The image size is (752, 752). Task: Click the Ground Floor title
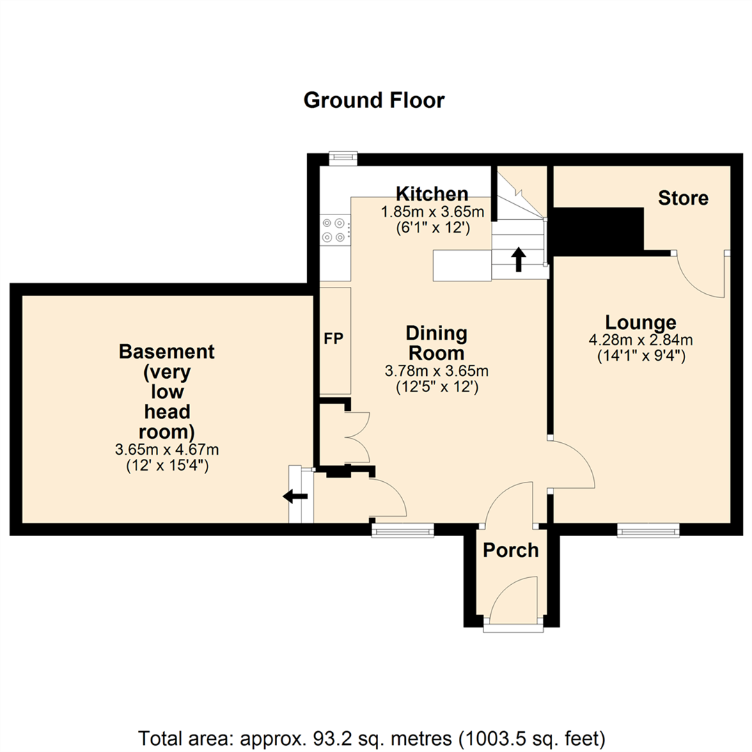[x=374, y=100]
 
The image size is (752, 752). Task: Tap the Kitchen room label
[x=432, y=193]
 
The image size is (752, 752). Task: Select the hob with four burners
[x=334, y=230]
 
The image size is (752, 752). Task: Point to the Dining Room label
[x=436, y=342]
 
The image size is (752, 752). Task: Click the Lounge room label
[x=640, y=322]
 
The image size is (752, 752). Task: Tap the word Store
[x=683, y=198]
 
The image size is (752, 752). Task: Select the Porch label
[x=510, y=550]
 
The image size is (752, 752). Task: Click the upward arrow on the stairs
[x=518, y=259]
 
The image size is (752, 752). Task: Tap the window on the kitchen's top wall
[x=342, y=158]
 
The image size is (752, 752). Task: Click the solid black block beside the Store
[x=599, y=231]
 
